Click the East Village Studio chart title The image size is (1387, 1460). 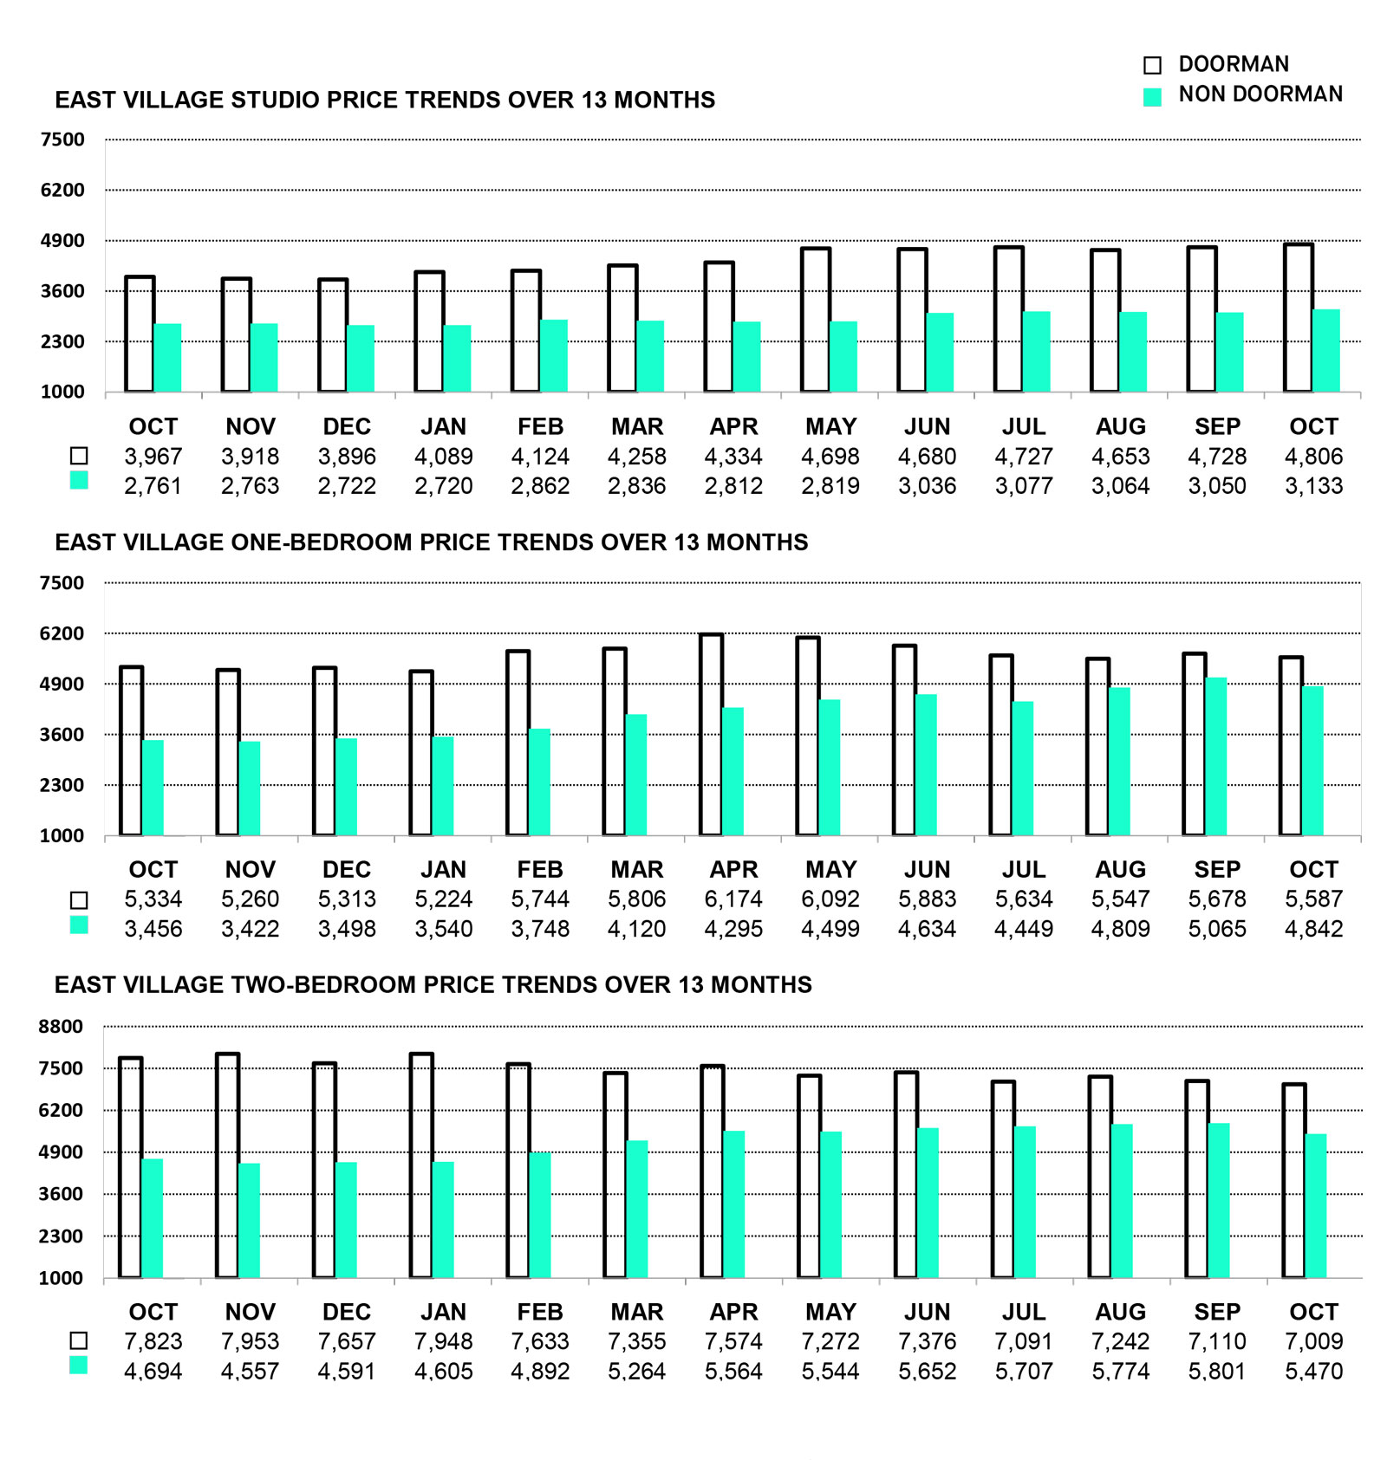pyautogui.click(x=385, y=100)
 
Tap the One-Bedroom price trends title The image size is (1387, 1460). pyautogui.click(x=431, y=542)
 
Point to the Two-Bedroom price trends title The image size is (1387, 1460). pyautogui.click(x=433, y=984)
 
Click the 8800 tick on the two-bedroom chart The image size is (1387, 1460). pyautogui.click(x=61, y=1027)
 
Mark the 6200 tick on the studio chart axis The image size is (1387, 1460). pyautogui.click(x=62, y=190)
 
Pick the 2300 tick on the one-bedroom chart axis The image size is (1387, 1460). pyautogui.click(x=62, y=785)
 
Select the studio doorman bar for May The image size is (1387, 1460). pyautogui.click(x=816, y=320)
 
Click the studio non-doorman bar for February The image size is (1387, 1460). pyautogui.click(x=554, y=355)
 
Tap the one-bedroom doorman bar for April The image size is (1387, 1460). pyautogui.click(x=711, y=735)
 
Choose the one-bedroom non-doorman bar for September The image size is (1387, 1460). pyautogui.click(x=1215, y=756)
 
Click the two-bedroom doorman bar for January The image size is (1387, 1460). pyautogui.click(x=421, y=1165)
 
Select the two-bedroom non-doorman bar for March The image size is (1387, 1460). pyautogui.click(x=636, y=1209)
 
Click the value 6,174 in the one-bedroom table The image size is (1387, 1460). pyautogui.click(x=733, y=899)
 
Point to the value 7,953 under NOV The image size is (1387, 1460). pyautogui.click(x=250, y=1341)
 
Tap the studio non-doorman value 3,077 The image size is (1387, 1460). pyautogui.click(x=1024, y=486)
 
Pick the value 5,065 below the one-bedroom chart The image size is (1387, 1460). pyautogui.click(x=1217, y=929)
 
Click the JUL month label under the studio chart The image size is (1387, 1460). pyautogui.click(x=1024, y=426)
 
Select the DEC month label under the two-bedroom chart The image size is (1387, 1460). pyautogui.click(x=347, y=1312)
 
